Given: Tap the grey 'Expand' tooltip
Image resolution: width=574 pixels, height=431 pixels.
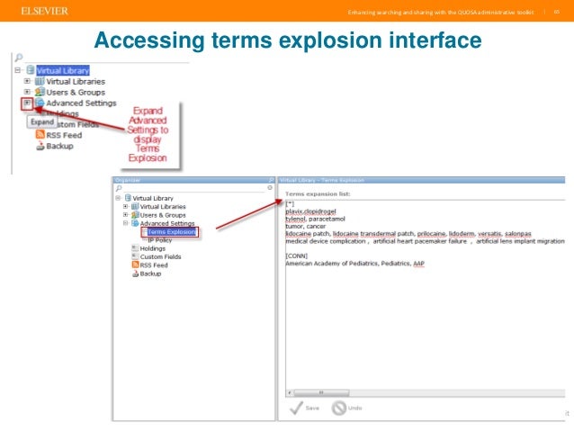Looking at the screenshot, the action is (42, 121).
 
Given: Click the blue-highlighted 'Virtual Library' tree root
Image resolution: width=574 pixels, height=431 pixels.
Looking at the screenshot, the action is (62, 69).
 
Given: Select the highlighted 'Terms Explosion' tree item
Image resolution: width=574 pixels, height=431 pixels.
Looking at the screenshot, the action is (171, 231).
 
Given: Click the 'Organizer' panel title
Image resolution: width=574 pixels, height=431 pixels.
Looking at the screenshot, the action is (128, 180).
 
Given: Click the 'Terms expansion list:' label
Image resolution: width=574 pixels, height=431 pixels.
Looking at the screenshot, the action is (318, 193).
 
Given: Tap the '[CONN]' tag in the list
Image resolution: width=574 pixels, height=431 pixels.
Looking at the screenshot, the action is (296, 255).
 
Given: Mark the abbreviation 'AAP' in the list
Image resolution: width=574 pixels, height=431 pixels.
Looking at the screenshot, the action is (418, 263).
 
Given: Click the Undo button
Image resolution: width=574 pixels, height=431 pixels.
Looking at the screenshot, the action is (346, 408).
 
